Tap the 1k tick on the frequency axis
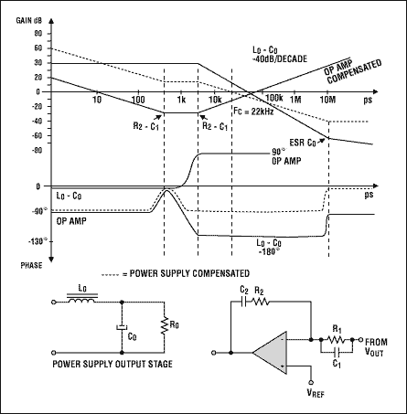tap(182, 99)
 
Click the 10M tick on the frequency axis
tap(328, 99)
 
